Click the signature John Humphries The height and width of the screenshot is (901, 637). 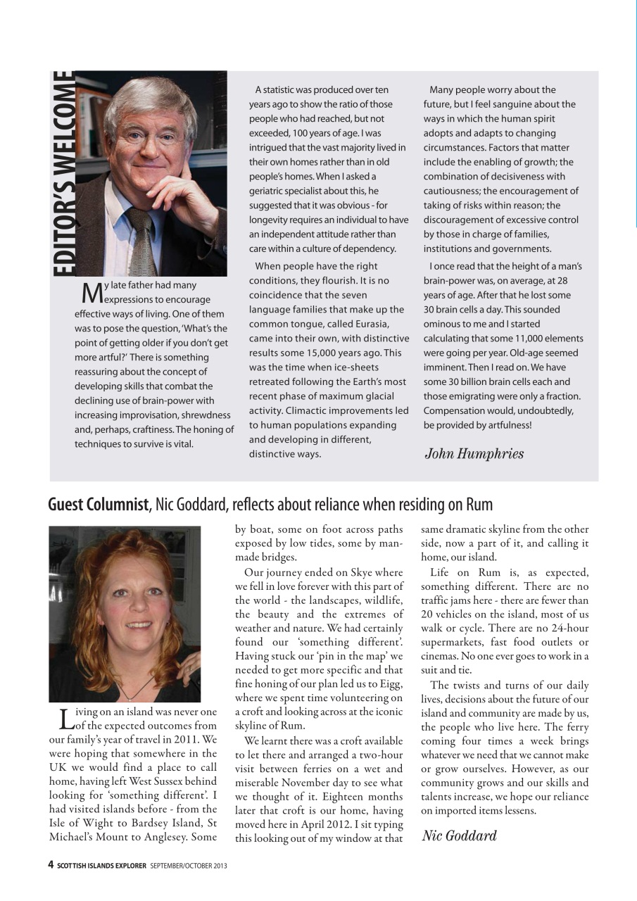pos(474,453)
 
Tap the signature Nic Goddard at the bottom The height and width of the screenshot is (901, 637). pos(459,836)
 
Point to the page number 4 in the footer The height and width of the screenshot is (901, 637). pos(51,864)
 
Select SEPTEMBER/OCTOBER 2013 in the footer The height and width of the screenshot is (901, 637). pos(189,865)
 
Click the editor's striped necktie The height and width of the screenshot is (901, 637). pos(143,239)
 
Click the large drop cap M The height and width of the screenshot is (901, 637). pos(92,291)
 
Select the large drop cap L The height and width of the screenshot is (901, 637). pos(64,718)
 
